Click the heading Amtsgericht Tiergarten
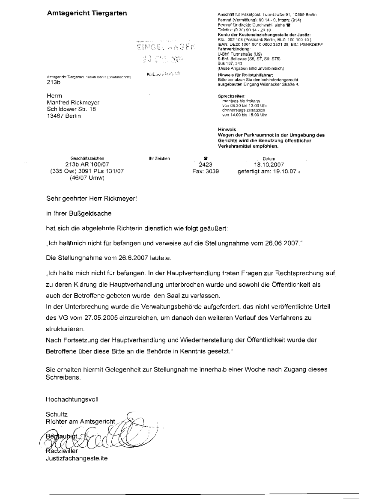pos(87,13)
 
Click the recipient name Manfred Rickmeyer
pos(73,103)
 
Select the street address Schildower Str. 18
pos(71,109)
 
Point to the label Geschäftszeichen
pos(87,158)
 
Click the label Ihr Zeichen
pos(159,158)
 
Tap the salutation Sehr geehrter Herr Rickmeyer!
pos(92,199)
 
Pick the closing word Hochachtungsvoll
pos(72,399)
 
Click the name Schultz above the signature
pos(57,414)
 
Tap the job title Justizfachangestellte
pos(77,459)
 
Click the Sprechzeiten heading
pos(232,96)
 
